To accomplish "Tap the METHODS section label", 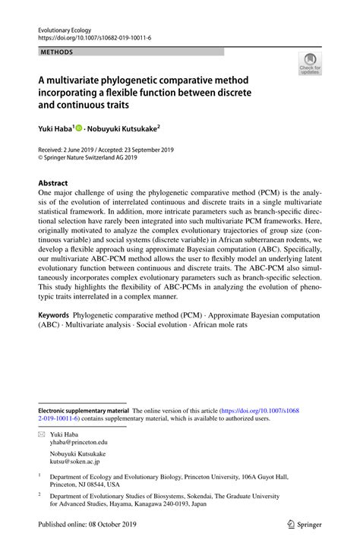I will pos(58,52).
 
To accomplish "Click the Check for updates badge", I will pos(310,66).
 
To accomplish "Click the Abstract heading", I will pos(53,183).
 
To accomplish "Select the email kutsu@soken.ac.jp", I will pos(75,461).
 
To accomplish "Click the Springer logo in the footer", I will pos(306,525).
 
